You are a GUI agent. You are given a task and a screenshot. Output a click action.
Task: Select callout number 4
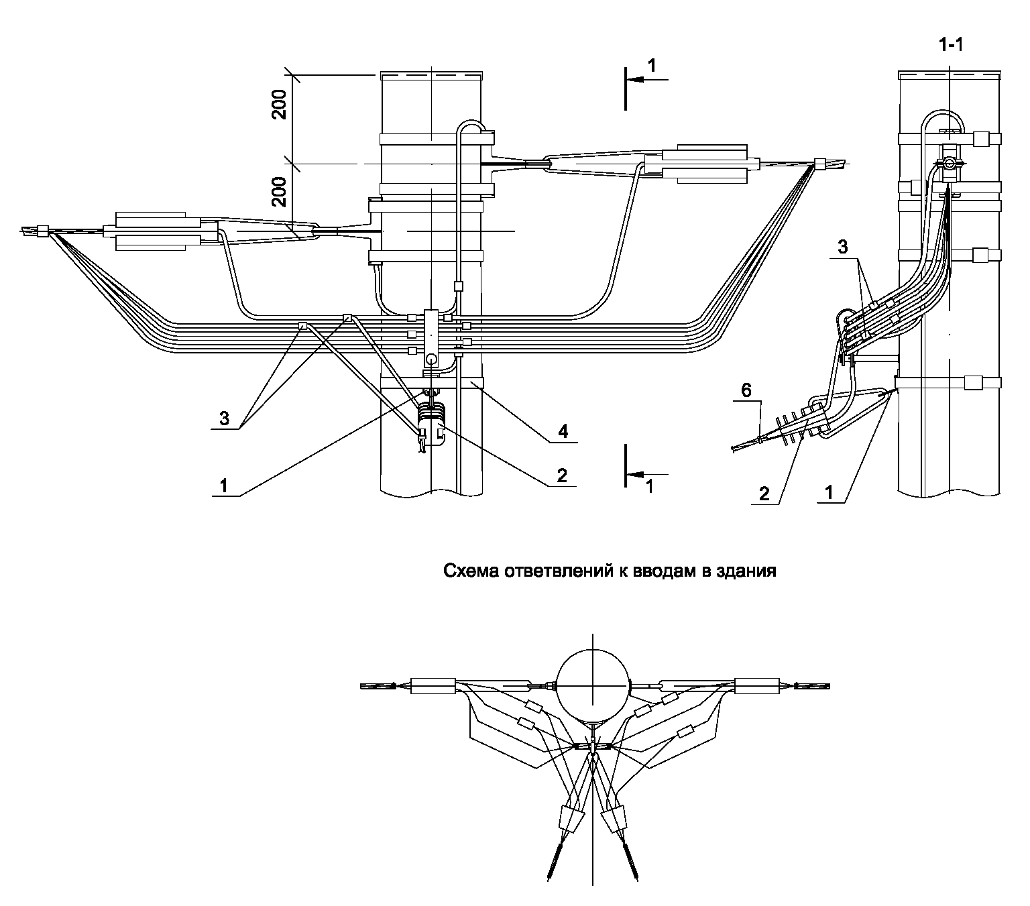[563, 431]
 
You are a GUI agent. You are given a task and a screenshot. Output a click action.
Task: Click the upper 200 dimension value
[280, 104]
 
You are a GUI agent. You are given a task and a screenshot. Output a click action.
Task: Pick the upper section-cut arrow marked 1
[648, 78]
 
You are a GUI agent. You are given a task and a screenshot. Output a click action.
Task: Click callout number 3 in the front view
[225, 418]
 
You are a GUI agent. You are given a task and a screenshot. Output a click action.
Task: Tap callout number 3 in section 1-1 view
[842, 247]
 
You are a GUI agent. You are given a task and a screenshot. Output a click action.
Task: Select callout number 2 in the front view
[561, 475]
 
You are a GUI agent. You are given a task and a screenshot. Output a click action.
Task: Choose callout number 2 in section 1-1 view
[764, 494]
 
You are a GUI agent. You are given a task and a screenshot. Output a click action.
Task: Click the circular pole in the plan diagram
[593, 687]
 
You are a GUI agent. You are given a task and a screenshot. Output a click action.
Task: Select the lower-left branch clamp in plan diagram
[571, 819]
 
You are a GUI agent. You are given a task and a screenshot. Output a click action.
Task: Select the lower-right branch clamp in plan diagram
[615, 818]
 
